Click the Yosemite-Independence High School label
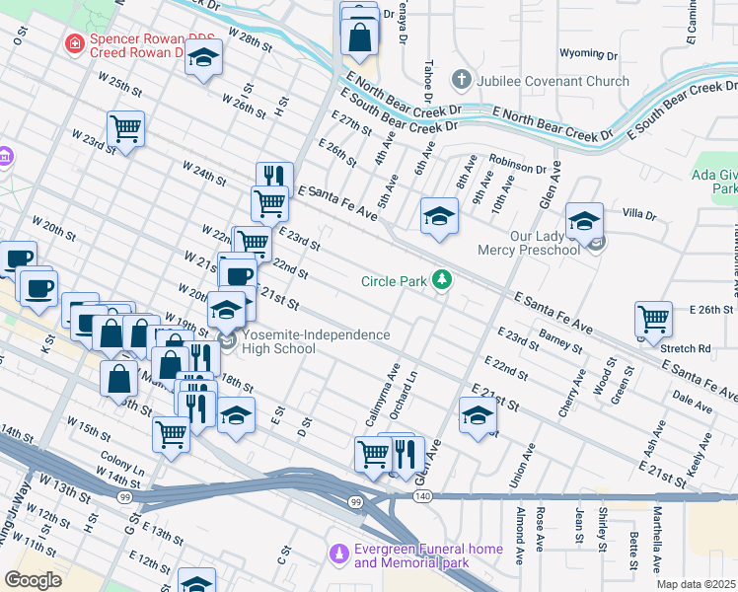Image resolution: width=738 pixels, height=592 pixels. click(316, 341)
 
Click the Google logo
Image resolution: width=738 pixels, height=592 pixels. click(33, 579)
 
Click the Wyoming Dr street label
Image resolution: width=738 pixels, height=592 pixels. click(587, 55)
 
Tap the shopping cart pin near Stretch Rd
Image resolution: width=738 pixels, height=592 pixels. click(653, 320)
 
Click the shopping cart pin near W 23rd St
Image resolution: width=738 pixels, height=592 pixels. click(126, 128)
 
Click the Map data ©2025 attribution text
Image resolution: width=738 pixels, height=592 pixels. click(697, 584)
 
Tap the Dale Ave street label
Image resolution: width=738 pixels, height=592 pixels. click(692, 401)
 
